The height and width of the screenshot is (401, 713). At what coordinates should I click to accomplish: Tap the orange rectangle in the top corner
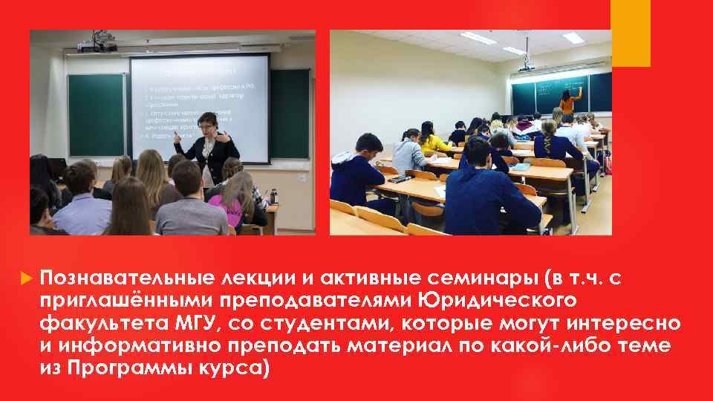coord(630,33)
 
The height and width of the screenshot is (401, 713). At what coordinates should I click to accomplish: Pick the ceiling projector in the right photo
coord(526,65)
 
